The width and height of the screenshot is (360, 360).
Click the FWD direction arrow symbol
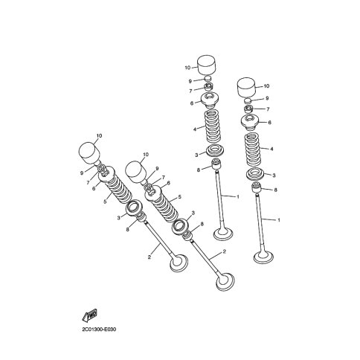click(x=89, y=315)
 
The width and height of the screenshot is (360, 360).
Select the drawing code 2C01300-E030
click(x=99, y=330)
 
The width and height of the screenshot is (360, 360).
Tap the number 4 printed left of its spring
click(x=195, y=129)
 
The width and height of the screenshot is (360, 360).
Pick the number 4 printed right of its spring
click(x=271, y=149)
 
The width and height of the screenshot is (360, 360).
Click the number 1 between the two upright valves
click(x=237, y=197)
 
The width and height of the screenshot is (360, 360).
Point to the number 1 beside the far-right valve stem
click(x=278, y=220)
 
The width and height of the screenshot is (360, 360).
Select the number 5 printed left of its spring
click(x=105, y=202)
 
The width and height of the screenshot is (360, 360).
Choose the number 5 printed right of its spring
click(x=180, y=197)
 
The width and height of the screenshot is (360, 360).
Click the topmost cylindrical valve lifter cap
click(x=207, y=65)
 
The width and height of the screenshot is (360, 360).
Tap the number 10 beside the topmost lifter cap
click(x=187, y=68)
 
